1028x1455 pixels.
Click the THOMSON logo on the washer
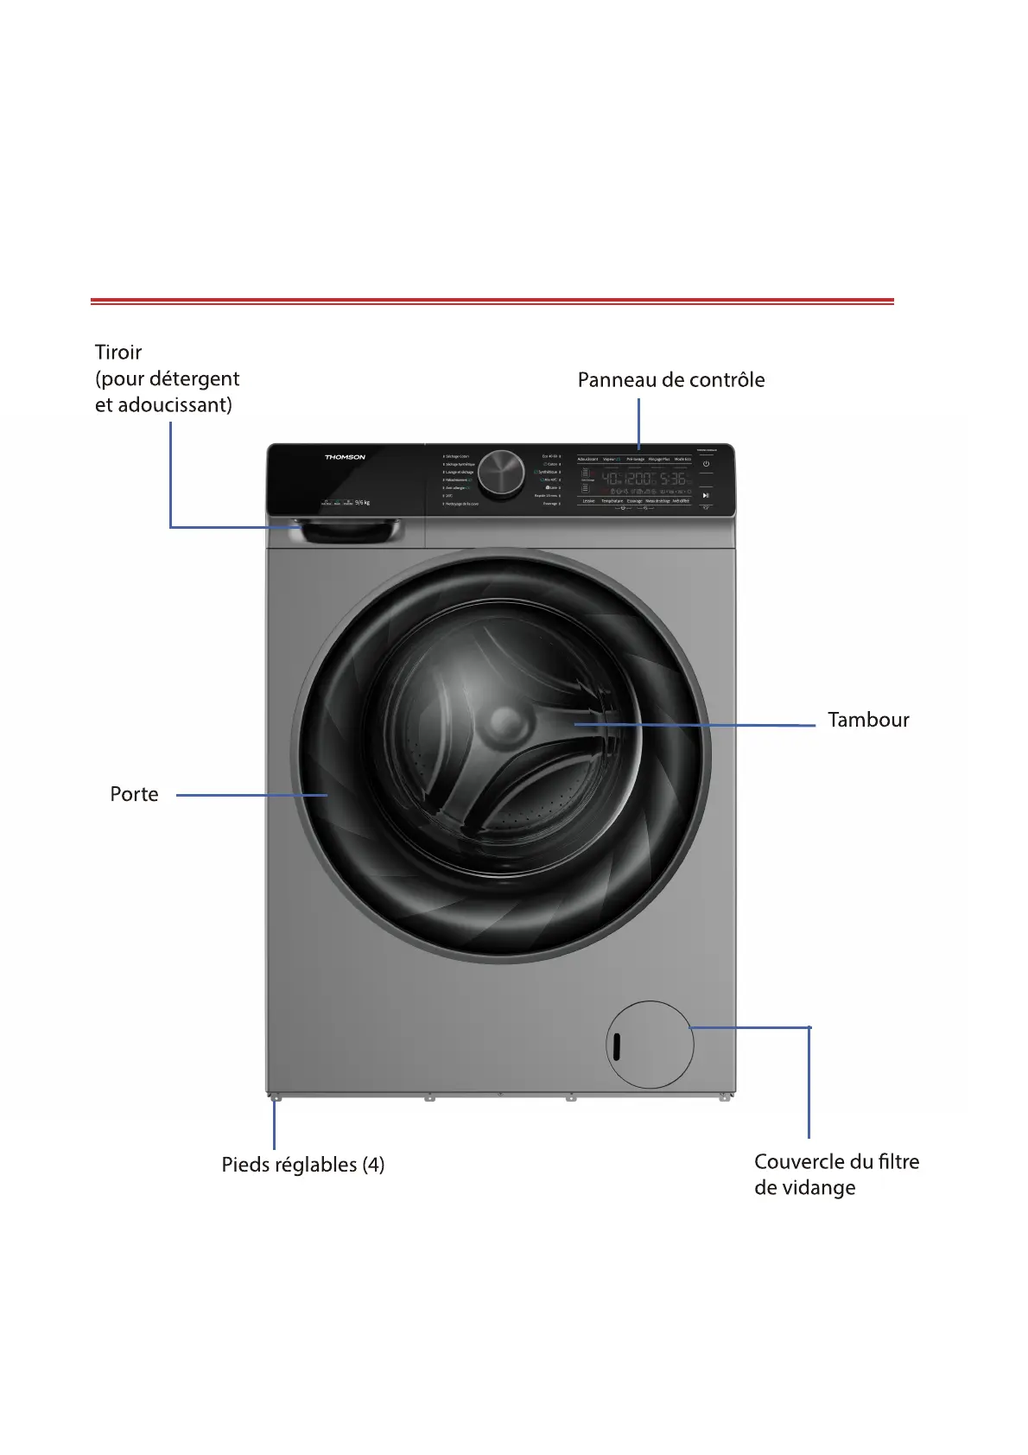pyautogui.click(x=345, y=457)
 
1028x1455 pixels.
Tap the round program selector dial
pyautogui.click(x=501, y=473)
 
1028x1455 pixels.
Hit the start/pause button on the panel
pyautogui.click(x=706, y=495)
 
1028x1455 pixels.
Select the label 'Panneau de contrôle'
pyautogui.click(x=670, y=380)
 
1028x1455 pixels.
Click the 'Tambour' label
pyautogui.click(x=868, y=721)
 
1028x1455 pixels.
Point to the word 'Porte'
pyautogui.click(x=134, y=795)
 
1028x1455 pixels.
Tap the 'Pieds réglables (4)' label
pyautogui.click(x=302, y=1165)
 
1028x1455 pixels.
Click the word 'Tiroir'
pyautogui.click(x=118, y=353)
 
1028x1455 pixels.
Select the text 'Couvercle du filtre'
pyautogui.click(x=836, y=1162)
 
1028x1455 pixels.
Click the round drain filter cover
pyautogui.click(x=650, y=1045)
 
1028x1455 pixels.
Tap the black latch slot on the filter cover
pyautogui.click(x=616, y=1047)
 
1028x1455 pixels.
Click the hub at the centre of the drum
pyautogui.click(x=504, y=724)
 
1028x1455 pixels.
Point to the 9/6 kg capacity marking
pyautogui.click(x=362, y=502)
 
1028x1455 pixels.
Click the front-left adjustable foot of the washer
pyautogui.click(x=275, y=1098)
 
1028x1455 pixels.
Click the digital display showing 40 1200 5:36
pyautogui.click(x=644, y=479)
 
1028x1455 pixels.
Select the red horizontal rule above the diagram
pyautogui.click(x=492, y=301)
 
